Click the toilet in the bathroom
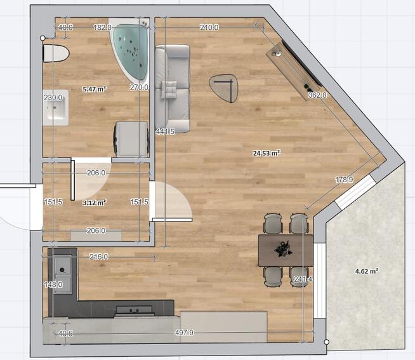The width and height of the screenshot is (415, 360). point(56,53)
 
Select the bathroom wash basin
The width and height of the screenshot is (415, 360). point(56,107)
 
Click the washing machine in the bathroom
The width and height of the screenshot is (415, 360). point(131,139)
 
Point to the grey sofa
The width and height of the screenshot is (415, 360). point(173,89)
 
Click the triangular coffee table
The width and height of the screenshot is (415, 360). point(223,88)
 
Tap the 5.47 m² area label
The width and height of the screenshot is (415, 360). point(95,89)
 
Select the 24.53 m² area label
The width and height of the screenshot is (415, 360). point(267,153)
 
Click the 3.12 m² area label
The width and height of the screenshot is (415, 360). point(95,203)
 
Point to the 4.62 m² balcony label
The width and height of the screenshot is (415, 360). point(366,271)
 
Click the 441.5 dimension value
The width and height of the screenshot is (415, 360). point(165,131)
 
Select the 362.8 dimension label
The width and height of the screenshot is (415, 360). point(317,95)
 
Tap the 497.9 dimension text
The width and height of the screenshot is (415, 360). point(185,333)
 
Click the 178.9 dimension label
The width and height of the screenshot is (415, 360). point(344,180)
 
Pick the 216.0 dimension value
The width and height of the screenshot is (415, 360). point(99,257)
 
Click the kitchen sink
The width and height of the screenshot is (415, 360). point(63,275)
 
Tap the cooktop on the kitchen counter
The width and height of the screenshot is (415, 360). point(135,310)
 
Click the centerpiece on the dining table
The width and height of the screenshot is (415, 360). point(283,249)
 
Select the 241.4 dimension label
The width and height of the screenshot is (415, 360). point(303,279)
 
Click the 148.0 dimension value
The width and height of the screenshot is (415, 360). point(53,285)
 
